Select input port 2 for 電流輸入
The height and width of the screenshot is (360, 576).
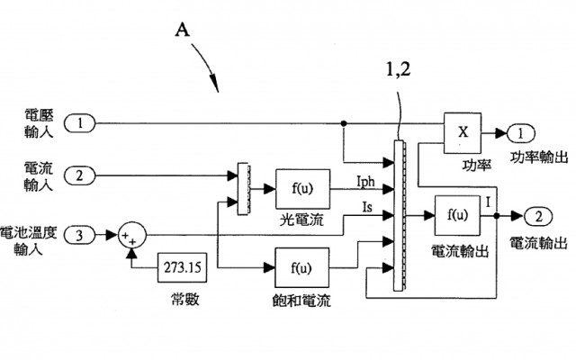[x=79, y=175]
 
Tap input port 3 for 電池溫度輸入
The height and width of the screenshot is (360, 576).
[x=79, y=236]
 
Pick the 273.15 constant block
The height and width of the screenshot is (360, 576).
[x=183, y=267]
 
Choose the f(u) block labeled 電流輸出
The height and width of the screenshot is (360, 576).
[x=458, y=216]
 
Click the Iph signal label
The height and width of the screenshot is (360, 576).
[x=365, y=183]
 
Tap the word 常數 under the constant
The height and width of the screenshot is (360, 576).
[x=183, y=298]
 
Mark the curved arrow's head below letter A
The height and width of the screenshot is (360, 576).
[x=220, y=90]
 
